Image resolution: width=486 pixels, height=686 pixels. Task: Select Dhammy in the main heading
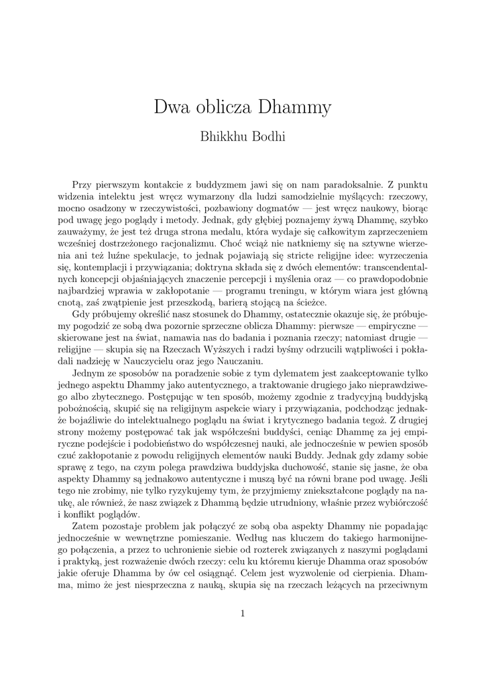[294, 108]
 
